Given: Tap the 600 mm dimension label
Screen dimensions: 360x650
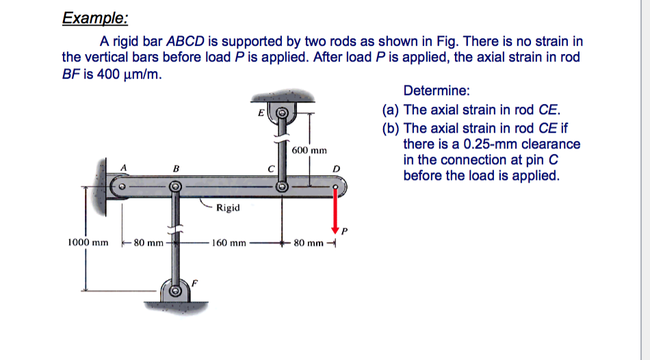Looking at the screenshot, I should [x=309, y=150].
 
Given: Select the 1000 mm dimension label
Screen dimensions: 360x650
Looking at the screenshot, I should [x=88, y=242].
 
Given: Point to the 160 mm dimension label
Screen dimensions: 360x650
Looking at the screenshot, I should [x=229, y=242].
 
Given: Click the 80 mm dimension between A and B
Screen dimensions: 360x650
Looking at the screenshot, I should [x=148, y=242].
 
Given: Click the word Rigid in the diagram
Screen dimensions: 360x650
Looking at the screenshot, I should [x=228, y=207].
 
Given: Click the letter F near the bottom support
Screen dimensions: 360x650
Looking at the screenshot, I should [x=194, y=281].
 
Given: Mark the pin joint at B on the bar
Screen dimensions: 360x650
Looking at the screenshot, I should [x=175, y=185].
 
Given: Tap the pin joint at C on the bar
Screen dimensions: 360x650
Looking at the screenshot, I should [x=281, y=185].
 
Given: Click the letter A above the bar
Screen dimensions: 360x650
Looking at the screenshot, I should [x=124, y=166].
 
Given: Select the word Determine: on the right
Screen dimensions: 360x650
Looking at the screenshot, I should [x=432, y=90].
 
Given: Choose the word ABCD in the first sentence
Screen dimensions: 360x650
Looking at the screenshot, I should [x=187, y=42].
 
